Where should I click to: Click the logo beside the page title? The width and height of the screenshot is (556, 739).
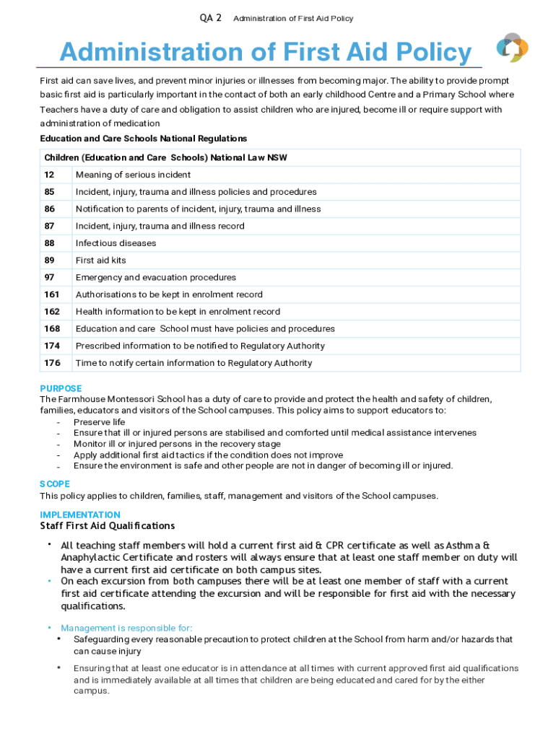click(x=512, y=48)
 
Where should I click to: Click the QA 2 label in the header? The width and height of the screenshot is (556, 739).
click(x=210, y=18)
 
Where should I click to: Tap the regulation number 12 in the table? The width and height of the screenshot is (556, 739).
click(x=49, y=175)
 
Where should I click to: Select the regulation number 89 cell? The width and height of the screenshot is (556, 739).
click(x=49, y=261)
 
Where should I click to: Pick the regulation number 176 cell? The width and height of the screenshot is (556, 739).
click(x=52, y=363)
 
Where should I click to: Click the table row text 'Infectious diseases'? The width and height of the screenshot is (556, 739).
click(x=116, y=243)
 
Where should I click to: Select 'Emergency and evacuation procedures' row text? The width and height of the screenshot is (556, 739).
click(x=155, y=277)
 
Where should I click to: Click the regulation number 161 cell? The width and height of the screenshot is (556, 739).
click(x=52, y=294)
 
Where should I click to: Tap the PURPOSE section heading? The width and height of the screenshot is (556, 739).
click(x=61, y=388)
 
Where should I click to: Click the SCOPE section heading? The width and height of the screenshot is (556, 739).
click(x=55, y=484)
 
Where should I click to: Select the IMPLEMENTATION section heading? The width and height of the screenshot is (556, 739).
click(x=80, y=515)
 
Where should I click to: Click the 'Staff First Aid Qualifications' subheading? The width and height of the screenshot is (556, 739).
click(x=107, y=526)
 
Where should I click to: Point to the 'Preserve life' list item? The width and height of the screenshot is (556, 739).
click(x=99, y=422)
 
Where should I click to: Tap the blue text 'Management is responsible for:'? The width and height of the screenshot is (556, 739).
click(x=126, y=628)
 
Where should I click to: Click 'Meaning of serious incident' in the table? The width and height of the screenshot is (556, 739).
click(x=133, y=175)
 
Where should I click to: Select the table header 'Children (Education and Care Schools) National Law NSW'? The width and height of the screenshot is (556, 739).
click(x=165, y=157)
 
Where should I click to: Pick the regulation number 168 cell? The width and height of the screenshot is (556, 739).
click(x=52, y=328)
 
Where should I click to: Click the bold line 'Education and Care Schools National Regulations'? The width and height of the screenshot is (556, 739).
click(x=143, y=138)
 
